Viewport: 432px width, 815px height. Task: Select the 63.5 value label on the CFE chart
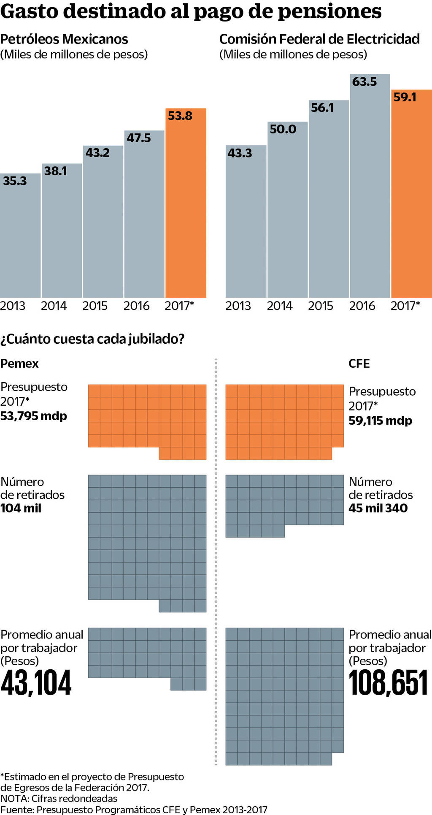(x=364, y=81)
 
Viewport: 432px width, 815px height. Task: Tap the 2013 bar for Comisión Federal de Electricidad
(x=246, y=224)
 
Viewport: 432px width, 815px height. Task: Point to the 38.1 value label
(x=56, y=171)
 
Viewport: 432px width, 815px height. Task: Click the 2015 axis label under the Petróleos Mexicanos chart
(x=95, y=306)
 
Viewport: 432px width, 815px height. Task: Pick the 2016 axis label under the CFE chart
(x=362, y=306)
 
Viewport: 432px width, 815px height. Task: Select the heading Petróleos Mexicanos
(x=64, y=39)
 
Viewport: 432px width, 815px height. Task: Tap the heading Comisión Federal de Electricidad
(x=319, y=39)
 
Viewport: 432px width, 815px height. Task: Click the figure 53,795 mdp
(x=34, y=416)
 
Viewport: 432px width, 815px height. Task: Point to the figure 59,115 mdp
(x=380, y=421)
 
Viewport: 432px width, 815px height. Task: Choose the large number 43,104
(x=36, y=683)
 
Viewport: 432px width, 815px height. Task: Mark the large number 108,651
(x=388, y=683)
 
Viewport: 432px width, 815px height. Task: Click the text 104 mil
(x=21, y=508)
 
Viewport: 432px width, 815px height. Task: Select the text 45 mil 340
(x=378, y=508)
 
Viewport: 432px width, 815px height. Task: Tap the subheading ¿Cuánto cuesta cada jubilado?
(x=92, y=339)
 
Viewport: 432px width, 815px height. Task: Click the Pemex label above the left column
(x=19, y=364)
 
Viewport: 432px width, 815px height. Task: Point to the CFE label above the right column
(x=359, y=364)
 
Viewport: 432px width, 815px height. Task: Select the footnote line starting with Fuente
(x=134, y=810)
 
